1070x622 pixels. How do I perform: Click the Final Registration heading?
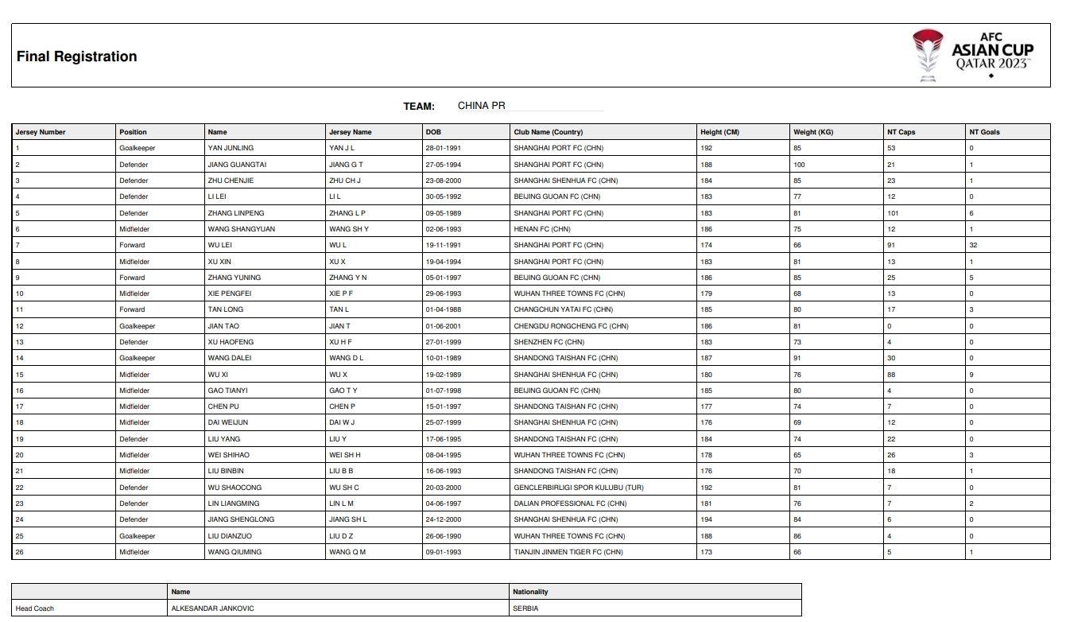pyautogui.click(x=76, y=56)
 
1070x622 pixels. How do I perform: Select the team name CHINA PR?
pyautogui.click(x=481, y=106)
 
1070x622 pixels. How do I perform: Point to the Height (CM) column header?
pyautogui.click(x=719, y=132)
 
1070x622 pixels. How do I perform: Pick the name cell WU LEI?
pyautogui.click(x=219, y=245)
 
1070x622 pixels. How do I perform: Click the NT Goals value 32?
pyautogui.click(x=973, y=245)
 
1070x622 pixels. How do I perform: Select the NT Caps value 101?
pyautogui.click(x=893, y=213)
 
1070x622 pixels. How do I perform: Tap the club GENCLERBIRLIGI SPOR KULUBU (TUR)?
pyautogui.click(x=578, y=488)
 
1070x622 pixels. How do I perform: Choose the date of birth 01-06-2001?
pyautogui.click(x=443, y=326)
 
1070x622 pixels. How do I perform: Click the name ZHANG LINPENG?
pyautogui.click(x=236, y=213)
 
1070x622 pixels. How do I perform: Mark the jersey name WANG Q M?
pyautogui.click(x=347, y=552)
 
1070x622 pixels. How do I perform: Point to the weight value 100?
pyautogui.click(x=799, y=165)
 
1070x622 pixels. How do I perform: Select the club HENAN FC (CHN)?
pyautogui.click(x=542, y=229)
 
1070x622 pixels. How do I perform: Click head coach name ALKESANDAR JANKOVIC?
pyautogui.click(x=212, y=608)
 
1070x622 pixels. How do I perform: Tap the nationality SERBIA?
pyautogui.click(x=525, y=608)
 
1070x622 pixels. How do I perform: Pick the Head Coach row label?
pyautogui.click(x=35, y=608)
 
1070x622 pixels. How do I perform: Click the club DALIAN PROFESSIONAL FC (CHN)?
pyautogui.click(x=570, y=503)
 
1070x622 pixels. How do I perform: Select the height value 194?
pyautogui.click(x=707, y=519)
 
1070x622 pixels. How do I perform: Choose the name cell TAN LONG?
pyautogui.click(x=226, y=309)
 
